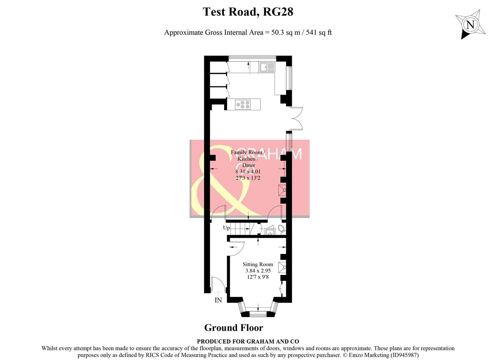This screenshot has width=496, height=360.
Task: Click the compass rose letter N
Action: [x=470, y=25]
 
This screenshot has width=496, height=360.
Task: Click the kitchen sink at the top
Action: [x=268, y=67]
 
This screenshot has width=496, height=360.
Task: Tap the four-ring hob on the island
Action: [x=243, y=105]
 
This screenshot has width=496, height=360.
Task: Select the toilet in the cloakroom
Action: [x=282, y=229]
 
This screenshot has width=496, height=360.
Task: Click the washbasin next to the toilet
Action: [x=269, y=231]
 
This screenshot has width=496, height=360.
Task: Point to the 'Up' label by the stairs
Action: [x=226, y=228]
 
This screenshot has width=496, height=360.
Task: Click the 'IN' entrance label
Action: [x=218, y=300]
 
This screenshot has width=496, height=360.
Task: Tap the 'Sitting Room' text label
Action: [x=258, y=264]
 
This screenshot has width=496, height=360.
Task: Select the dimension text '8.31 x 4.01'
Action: [x=248, y=172]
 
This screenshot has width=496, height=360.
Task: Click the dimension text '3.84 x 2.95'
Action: [x=258, y=271]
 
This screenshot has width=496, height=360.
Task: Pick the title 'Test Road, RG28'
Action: [x=248, y=12]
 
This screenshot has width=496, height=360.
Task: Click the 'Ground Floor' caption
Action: [x=233, y=328]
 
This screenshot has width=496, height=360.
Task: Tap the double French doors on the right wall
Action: [x=296, y=118]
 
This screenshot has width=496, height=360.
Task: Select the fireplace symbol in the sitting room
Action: [x=283, y=267]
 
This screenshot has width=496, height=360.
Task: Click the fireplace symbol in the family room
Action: [x=283, y=190]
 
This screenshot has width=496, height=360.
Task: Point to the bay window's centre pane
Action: [x=258, y=314]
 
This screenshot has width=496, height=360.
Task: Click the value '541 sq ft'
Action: [x=319, y=33]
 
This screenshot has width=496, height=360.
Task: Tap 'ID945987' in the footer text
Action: [x=404, y=355]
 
